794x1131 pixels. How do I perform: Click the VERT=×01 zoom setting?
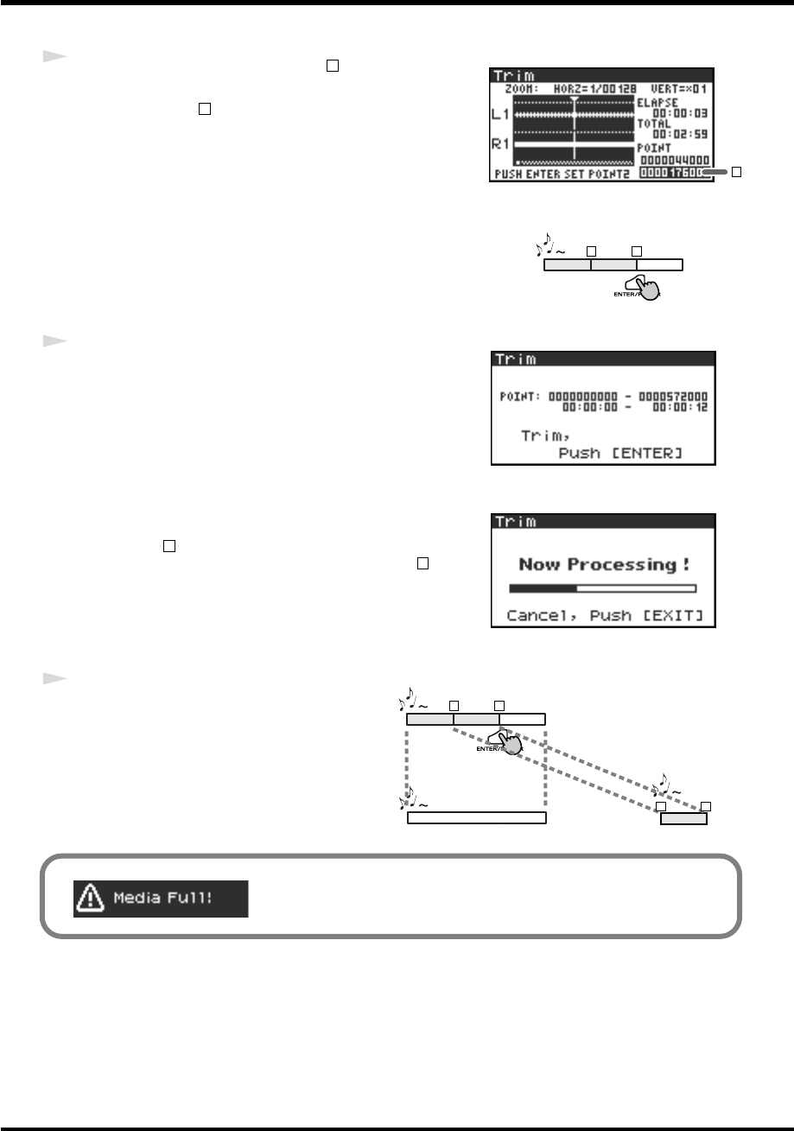coord(684,88)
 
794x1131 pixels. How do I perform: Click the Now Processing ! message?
coord(603,564)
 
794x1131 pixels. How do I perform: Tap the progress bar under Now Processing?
coord(602,588)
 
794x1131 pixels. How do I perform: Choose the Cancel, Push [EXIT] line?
coord(603,616)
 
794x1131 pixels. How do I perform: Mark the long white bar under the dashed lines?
coord(476,818)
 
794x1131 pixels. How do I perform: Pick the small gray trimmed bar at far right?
coord(683,818)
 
